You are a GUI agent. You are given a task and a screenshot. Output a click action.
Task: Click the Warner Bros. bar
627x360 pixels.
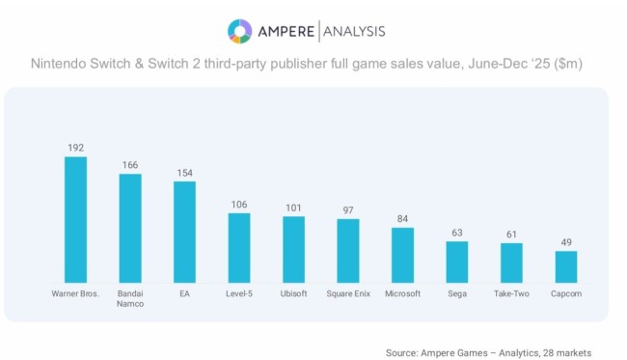(x=75, y=218)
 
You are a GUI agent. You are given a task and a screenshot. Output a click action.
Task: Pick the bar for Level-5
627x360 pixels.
(x=239, y=246)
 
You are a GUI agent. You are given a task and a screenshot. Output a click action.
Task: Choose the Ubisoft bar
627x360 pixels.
(x=293, y=248)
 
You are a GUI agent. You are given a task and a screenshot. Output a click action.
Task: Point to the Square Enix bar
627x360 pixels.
(x=348, y=249)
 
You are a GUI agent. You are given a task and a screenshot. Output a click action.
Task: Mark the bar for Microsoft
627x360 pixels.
(x=402, y=254)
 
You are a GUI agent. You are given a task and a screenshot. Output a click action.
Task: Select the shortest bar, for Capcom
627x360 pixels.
(x=566, y=265)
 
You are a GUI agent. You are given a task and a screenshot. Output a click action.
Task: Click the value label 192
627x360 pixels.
(x=75, y=148)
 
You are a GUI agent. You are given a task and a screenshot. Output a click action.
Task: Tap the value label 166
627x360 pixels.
(x=130, y=165)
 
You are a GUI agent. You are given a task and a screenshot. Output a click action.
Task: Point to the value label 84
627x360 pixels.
(x=402, y=218)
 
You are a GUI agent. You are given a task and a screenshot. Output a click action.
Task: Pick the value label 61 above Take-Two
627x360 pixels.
(x=511, y=234)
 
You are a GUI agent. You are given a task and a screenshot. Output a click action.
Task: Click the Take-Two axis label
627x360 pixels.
(x=511, y=292)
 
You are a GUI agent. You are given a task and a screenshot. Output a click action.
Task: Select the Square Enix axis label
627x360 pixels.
(x=348, y=292)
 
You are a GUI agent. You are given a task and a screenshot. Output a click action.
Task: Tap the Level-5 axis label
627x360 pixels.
(x=239, y=292)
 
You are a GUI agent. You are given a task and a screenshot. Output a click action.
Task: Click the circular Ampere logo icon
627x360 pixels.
(x=239, y=31)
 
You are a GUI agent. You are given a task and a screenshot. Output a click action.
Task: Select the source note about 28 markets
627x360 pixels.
(x=488, y=352)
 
